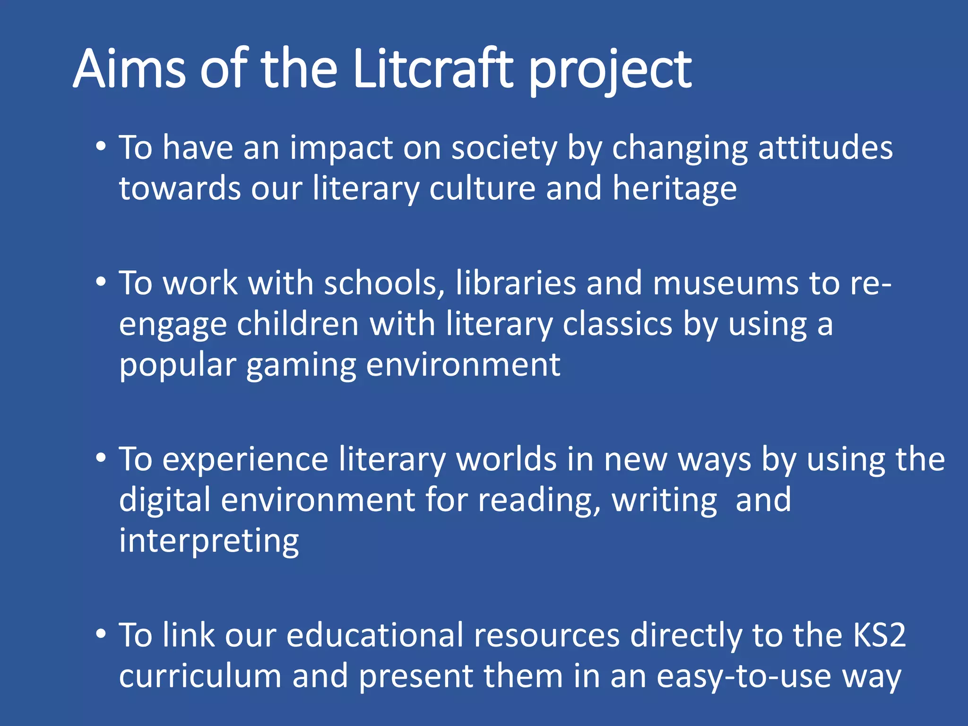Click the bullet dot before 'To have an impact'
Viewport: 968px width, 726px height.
click(x=101, y=147)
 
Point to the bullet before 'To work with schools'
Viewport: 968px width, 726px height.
click(x=101, y=282)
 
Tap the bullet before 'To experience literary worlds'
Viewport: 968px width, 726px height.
click(x=101, y=458)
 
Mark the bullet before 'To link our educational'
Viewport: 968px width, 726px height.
click(x=101, y=634)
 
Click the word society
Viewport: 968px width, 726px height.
click(x=504, y=148)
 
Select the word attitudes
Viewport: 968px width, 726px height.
click(x=825, y=147)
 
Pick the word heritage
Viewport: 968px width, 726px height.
click(x=674, y=189)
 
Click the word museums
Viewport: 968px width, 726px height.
click(x=726, y=283)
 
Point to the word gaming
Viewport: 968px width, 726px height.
click(x=301, y=366)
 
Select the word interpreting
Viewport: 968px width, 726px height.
click(x=209, y=541)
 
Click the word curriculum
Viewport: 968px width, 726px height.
click(x=200, y=676)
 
